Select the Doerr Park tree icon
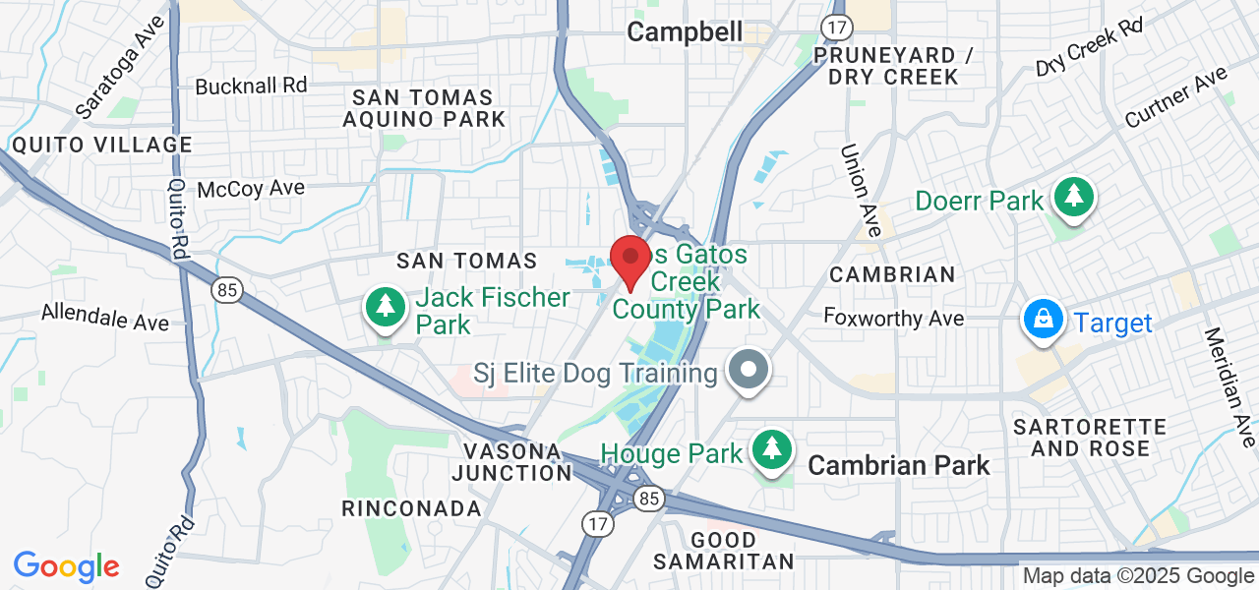coord(1074,199)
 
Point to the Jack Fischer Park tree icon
coord(386,308)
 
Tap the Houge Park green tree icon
coord(773,450)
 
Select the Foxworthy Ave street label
coord(893,318)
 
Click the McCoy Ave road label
coord(251,189)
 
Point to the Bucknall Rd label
coord(252,87)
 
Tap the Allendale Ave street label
coord(105,318)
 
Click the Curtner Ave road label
coord(1176,96)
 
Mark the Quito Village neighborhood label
coord(102,146)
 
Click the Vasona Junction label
coord(511,462)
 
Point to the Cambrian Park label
coord(899,465)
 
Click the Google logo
coord(66,566)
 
